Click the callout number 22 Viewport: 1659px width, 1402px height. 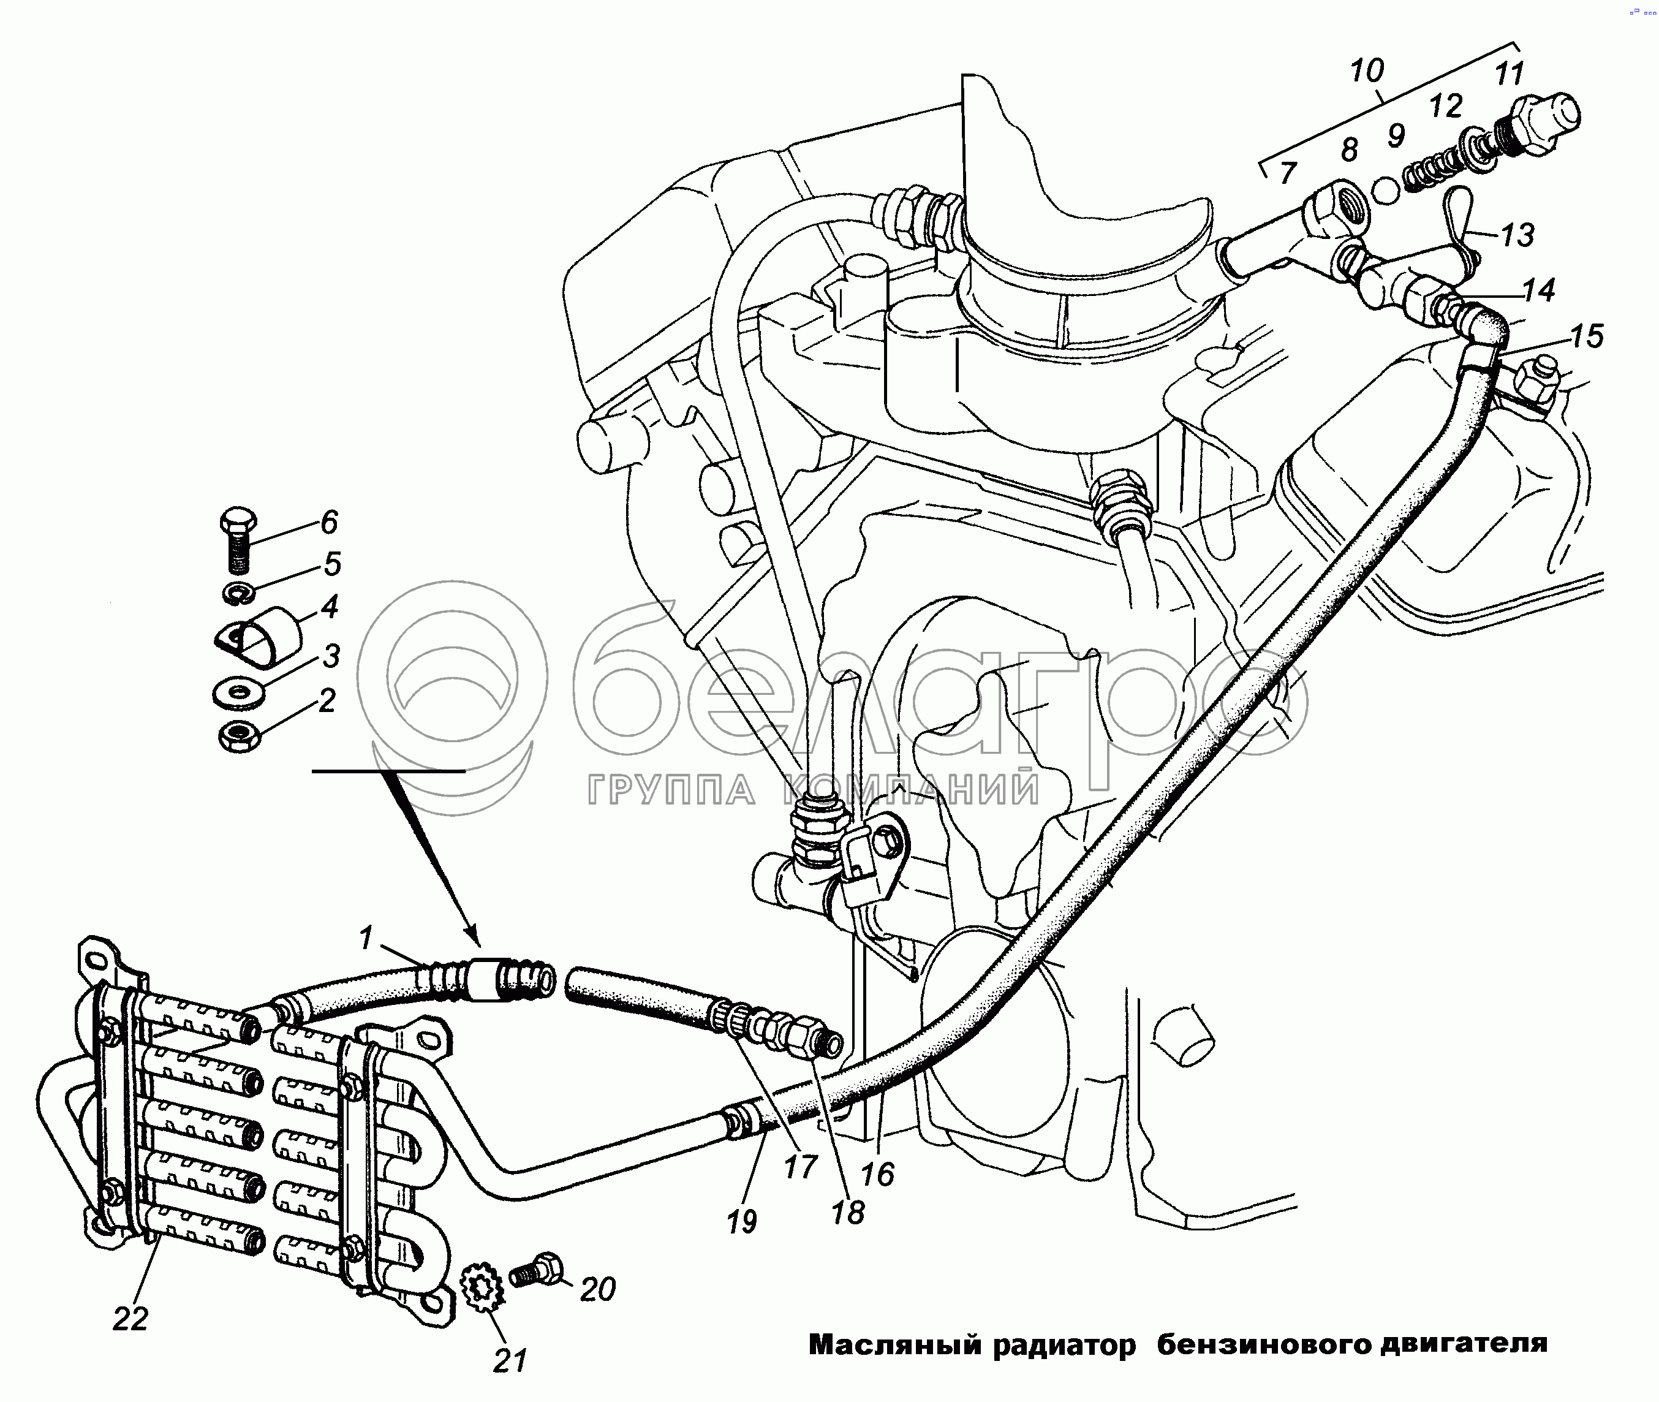point(130,1319)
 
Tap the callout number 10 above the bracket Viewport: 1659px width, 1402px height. point(1367,72)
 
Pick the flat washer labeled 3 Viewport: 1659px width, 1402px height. point(239,693)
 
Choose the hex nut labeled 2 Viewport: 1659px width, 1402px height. point(239,737)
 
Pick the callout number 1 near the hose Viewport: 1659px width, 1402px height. point(366,939)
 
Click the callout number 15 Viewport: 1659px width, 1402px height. point(1587,336)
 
